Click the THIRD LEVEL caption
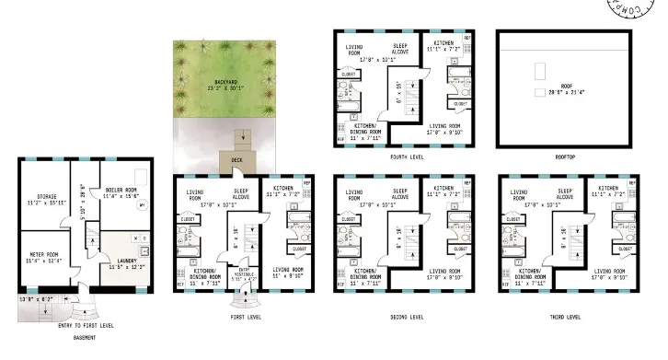point(561,318)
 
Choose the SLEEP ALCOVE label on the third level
point(559,196)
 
